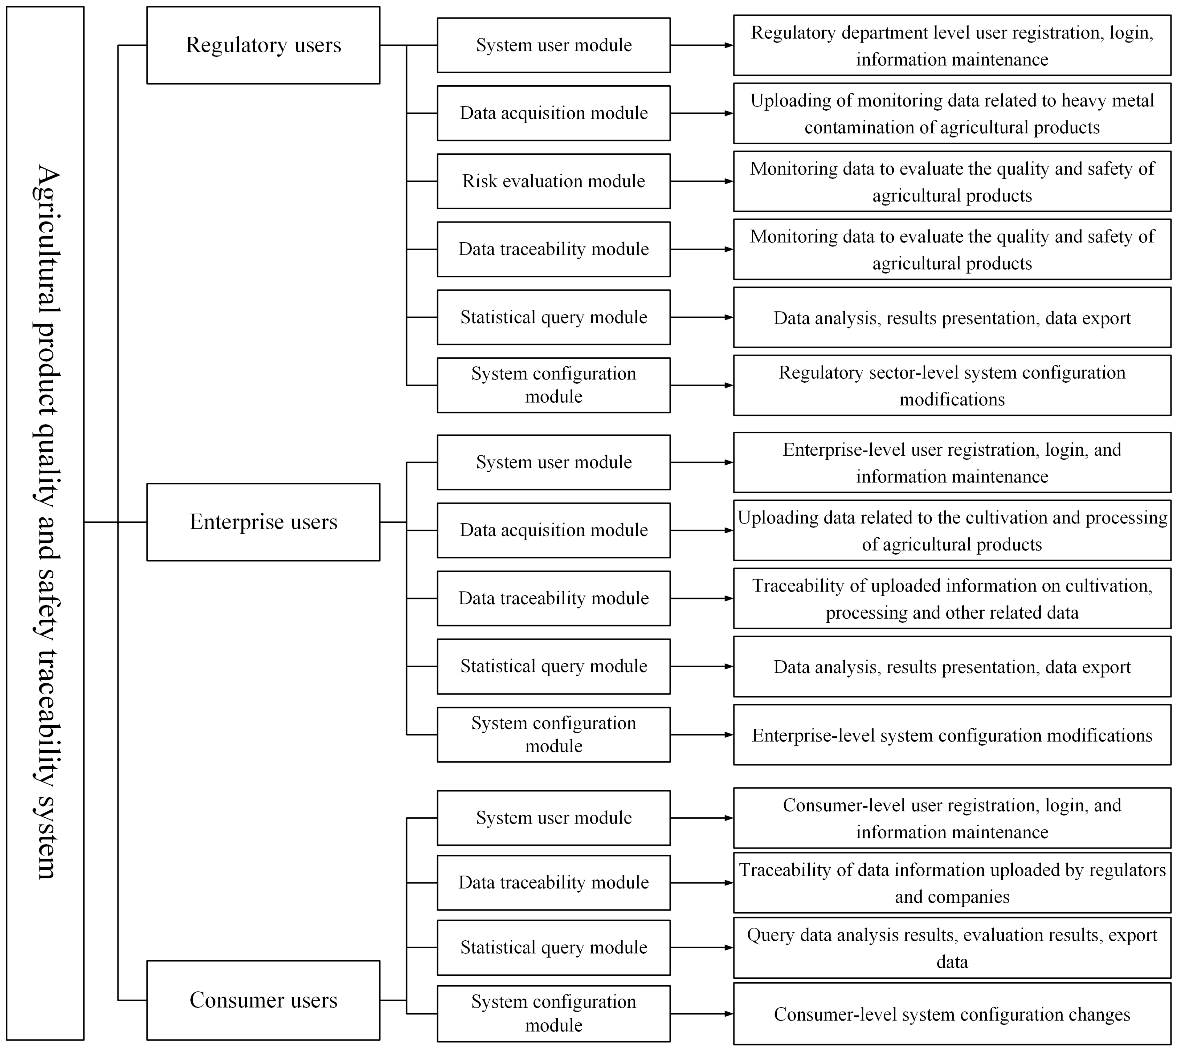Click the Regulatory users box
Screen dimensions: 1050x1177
tap(263, 45)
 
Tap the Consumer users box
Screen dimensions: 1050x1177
tap(263, 1000)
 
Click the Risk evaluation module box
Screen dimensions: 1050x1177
tap(553, 181)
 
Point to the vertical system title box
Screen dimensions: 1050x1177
tap(45, 522)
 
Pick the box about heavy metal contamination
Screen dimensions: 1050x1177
tap(952, 114)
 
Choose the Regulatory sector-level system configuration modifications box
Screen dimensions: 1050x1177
tap(952, 385)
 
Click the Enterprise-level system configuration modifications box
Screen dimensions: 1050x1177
tap(952, 735)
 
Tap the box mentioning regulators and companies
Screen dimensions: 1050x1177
tap(952, 883)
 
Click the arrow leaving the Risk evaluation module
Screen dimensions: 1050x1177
tap(701, 181)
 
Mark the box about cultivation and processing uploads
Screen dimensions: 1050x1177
tap(952, 531)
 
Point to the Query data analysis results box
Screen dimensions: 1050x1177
tap(952, 947)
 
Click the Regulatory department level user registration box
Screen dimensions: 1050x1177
tap(952, 46)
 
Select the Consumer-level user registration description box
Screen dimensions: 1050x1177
tap(952, 818)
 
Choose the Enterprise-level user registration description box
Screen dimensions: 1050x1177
tap(952, 463)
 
